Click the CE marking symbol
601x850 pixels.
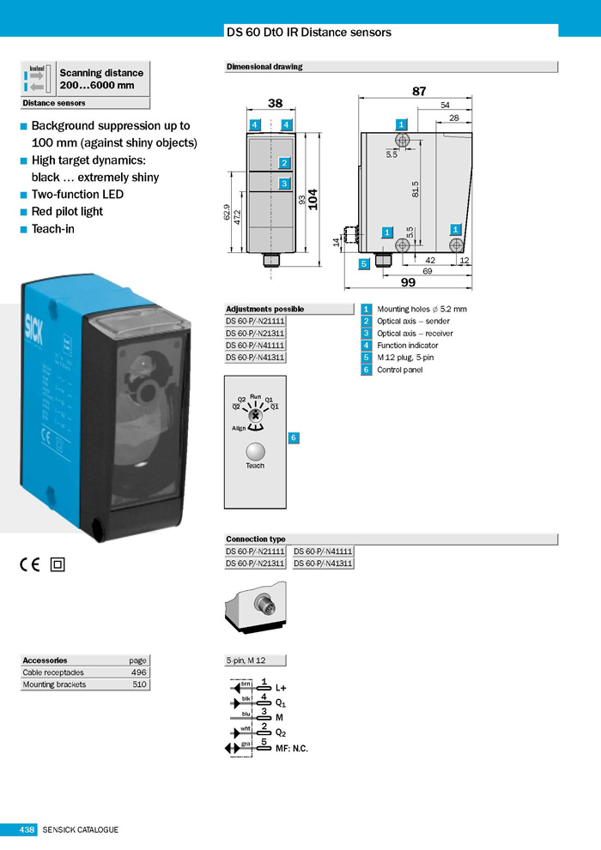pyautogui.click(x=29, y=564)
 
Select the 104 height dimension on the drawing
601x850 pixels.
pyautogui.click(x=313, y=199)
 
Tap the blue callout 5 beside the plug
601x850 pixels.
pyautogui.click(x=364, y=263)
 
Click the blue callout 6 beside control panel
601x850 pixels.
pyautogui.click(x=293, y=438)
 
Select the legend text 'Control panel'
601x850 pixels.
pyautogui.click(x=399, y=370)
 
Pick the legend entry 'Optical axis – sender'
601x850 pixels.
pyautogui.click(x=415, y=321)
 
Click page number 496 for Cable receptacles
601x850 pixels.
pyautogui.click(x=139, y=672)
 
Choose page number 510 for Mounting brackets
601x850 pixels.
pyautogui.click(x=139, y=684)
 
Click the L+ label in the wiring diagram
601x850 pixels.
pyautogui.click(x=280, y=688)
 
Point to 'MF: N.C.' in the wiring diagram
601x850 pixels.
pyautogui.click(x=292, y=749)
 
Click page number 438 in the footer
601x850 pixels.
pyautogui.click(x=27, y=829)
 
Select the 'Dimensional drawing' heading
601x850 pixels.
pyautogui.click(x=264, y=66)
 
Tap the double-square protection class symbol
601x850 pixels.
pyautogui.click(x=58, y=564)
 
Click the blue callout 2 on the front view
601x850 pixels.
pyautogui.click(x=284, y=162)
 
